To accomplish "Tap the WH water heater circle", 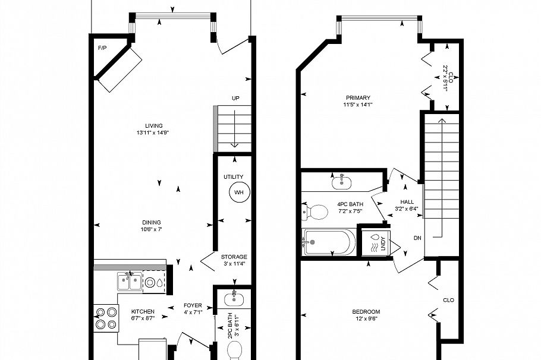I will [x=239, y=192].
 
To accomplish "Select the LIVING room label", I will [x=153, y=125].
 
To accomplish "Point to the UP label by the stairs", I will [x=236, y=99].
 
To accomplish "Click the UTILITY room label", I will [x=234, y=177].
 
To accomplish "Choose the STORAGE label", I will [x=234, y=257].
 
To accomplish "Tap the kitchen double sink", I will [x=129, y=282].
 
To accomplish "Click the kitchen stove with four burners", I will [x=105, y=317].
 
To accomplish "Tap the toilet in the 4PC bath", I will [x=316, y=211].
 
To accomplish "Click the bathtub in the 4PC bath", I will [x=329, y=242].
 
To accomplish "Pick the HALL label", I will [x=407, y=201].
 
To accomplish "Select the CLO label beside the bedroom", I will [x=449, y=300].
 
